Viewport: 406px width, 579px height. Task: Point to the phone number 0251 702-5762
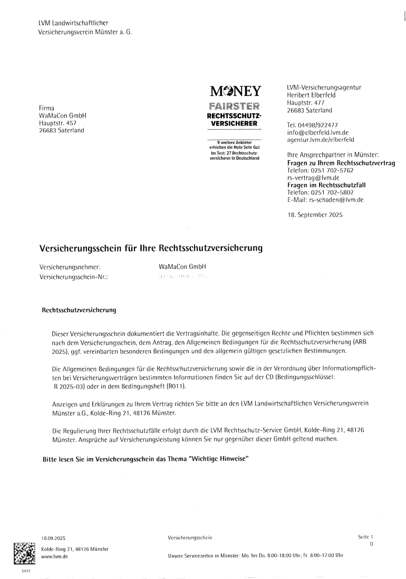pyautogui.click(x=331, y=171)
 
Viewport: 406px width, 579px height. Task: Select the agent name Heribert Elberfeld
pyautogui.click(x=312, y=95)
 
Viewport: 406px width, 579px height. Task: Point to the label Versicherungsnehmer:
pyautogui.click(x=70, y=267)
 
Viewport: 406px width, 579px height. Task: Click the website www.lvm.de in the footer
pyautogui.click(x=51, y=556)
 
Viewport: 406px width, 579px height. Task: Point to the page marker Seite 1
pyautogui.click(x=365, y=537)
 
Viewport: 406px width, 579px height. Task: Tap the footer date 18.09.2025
pyautogui.click(x=52, y=538)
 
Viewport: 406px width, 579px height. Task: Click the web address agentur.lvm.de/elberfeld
pyautogui.click(x=321, y=140)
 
